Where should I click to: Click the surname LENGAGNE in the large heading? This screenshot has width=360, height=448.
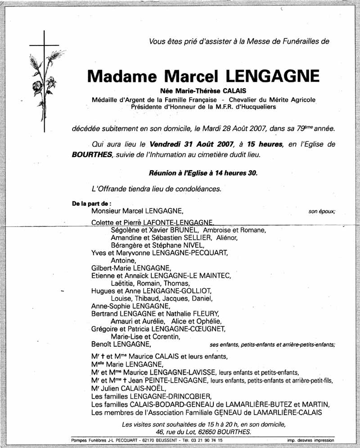click(x=279, y=75)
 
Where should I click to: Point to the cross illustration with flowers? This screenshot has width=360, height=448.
click(x=44, y=81)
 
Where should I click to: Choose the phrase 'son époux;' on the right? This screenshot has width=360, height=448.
click(x=322, y=211)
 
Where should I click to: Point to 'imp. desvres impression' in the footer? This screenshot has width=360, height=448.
click(x=310, y=440)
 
